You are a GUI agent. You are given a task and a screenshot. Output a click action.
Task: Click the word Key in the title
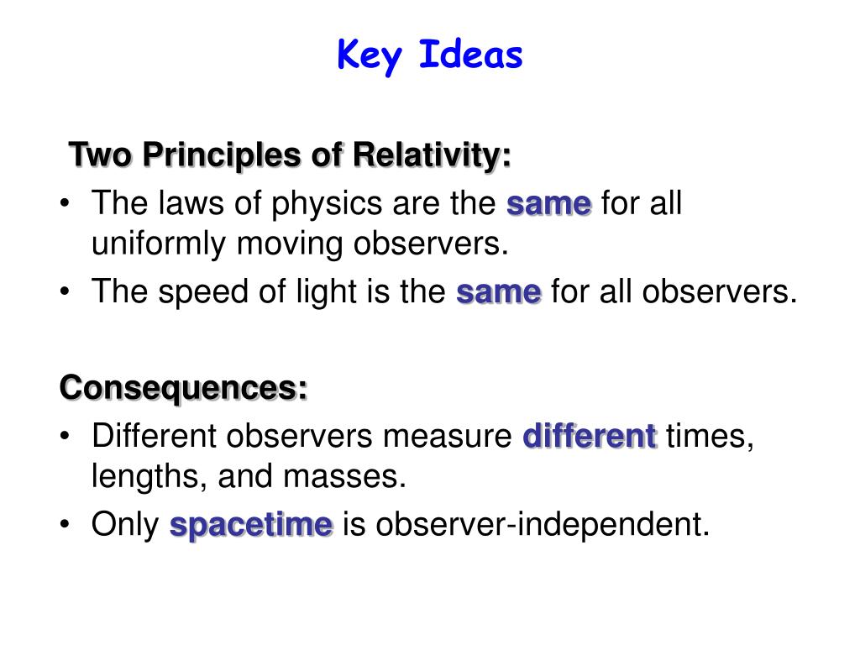[370, 56]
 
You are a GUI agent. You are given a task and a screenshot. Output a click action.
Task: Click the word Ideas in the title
[470, 55]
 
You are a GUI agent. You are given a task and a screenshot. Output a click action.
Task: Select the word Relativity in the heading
[432, 155]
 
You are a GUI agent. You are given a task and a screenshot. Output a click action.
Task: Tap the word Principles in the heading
[222, 155]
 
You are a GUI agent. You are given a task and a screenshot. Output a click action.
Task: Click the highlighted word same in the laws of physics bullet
[549, 204]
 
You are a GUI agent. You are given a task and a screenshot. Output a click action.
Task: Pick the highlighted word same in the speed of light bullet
[499, 291]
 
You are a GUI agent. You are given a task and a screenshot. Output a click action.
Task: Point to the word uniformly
[159, 244]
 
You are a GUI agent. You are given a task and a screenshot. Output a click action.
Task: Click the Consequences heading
[183, 388]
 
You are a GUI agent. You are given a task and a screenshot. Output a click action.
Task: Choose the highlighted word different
[590, 437]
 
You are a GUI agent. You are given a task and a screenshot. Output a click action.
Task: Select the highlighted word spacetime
[251, 526]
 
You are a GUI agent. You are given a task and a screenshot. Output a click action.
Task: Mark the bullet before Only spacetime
[66, 524]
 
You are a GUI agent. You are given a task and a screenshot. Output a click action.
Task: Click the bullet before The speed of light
[66, 291]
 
